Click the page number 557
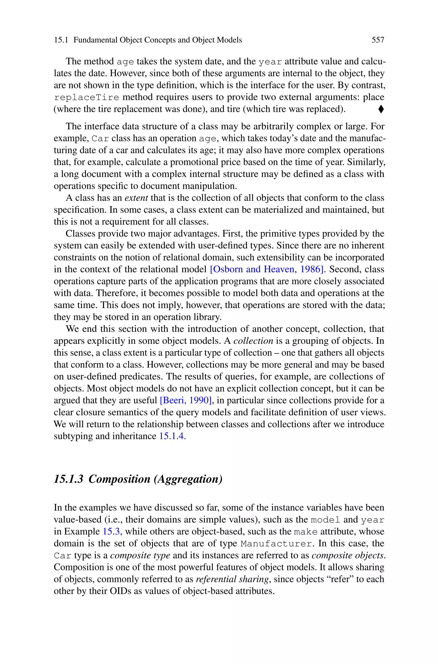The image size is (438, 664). (x=378, y=40)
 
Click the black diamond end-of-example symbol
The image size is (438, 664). (x=381, y=109)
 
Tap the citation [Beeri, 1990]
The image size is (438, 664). (x=185, y=400)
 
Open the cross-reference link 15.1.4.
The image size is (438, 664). (x=172, y=436)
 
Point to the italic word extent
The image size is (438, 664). (x=136, y=198)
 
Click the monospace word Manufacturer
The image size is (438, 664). (x=276, y=544)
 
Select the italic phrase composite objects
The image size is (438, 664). (x=348, y=555)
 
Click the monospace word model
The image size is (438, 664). (x=326, y=520)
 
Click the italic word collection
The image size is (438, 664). (x=253, y=341)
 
